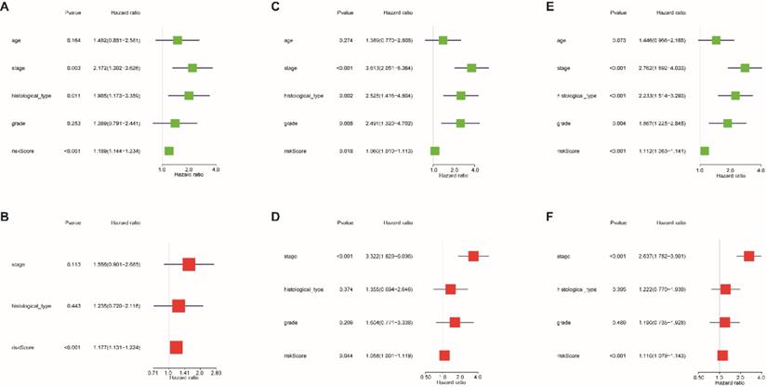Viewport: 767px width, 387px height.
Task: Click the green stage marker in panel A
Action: (x=192, y=67)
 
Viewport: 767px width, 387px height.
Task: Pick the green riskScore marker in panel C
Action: (x=434, y=150)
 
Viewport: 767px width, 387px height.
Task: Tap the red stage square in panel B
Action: (x=189, y=264)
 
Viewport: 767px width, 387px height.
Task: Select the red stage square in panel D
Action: (x=474, y=256)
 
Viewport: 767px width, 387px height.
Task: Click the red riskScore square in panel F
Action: (x=722, y=354)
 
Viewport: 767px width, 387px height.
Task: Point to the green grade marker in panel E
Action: (x=728, y=123)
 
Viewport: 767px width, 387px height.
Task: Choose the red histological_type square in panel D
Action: (x=451, y=289)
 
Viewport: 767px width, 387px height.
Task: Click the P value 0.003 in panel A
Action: (x=73, y=68)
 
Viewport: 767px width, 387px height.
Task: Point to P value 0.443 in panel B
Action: (x=73, y=305)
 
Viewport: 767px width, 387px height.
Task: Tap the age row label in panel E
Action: (x=561, y=40)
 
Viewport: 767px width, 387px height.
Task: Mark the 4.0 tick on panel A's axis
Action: (x=216, y=170)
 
